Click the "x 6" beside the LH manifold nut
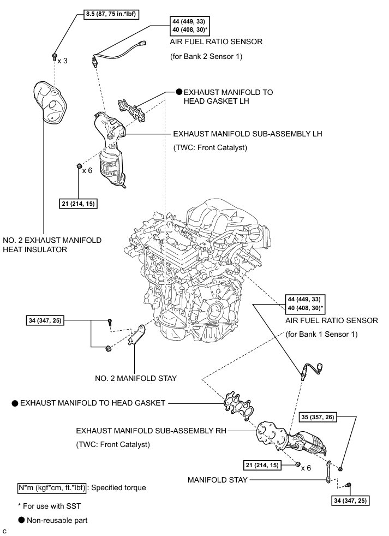click(x=87, y=170)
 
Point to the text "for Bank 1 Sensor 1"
click(x=321, y=333)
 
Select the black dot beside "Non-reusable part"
click(x=21, y=520)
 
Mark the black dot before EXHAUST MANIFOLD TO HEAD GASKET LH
click(x=178, y=92)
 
